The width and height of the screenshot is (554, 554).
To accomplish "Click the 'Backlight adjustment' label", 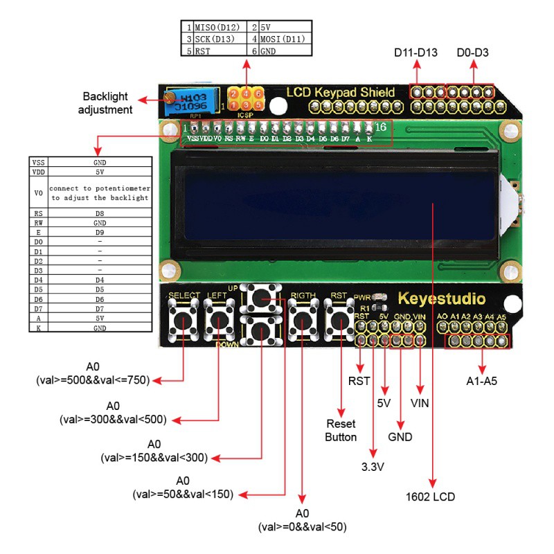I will pyautogui.click(x=105, y=102).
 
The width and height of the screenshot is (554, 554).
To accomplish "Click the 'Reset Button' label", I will pyautogui.click(x=341, y=430).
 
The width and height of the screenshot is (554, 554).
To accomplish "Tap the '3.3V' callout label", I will pyautogui.click(x=372, y=467).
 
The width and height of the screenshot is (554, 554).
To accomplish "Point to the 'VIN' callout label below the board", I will pyautogui.click(x=420, y=402).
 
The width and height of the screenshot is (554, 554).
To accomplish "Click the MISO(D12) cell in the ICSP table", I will pyautogui.click(x=217, y=27).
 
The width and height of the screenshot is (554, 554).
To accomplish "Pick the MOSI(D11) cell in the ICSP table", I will pyautogui.click(x=283, y=39).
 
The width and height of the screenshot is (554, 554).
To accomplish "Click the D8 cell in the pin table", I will pyautogui.click(x=100, y=214).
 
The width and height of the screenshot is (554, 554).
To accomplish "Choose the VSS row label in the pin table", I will pyautogui.click(x=38, y=161).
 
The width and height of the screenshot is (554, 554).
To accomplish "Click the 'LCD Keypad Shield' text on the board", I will pyautogui.click(x=341, y=92).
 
